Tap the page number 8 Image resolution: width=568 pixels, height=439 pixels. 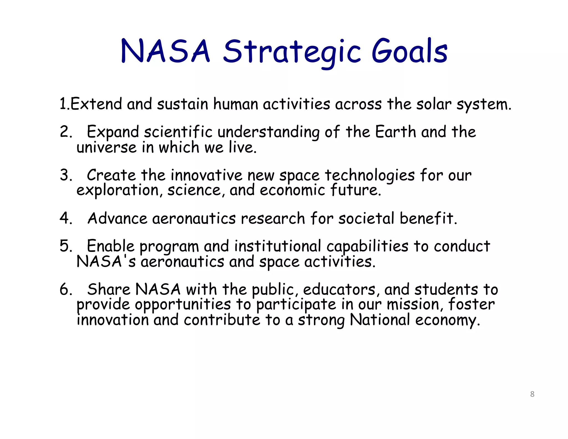click(x=532, y=394)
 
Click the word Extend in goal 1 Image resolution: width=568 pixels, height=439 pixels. click(x=96, y=104)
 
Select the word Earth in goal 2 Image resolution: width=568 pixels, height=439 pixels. click(x=395, y=132)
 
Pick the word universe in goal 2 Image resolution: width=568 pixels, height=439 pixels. click(x=106, y=147)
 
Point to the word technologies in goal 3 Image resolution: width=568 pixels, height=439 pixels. click(x=370, y=175)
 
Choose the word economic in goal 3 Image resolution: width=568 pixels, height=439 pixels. click(x=292, y=190)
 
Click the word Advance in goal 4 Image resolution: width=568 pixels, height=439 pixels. click(x=117, y=218)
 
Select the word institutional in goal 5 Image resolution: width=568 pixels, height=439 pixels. click(x=278, y=246)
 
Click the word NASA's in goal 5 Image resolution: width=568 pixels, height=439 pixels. click(x=106, y=262)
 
